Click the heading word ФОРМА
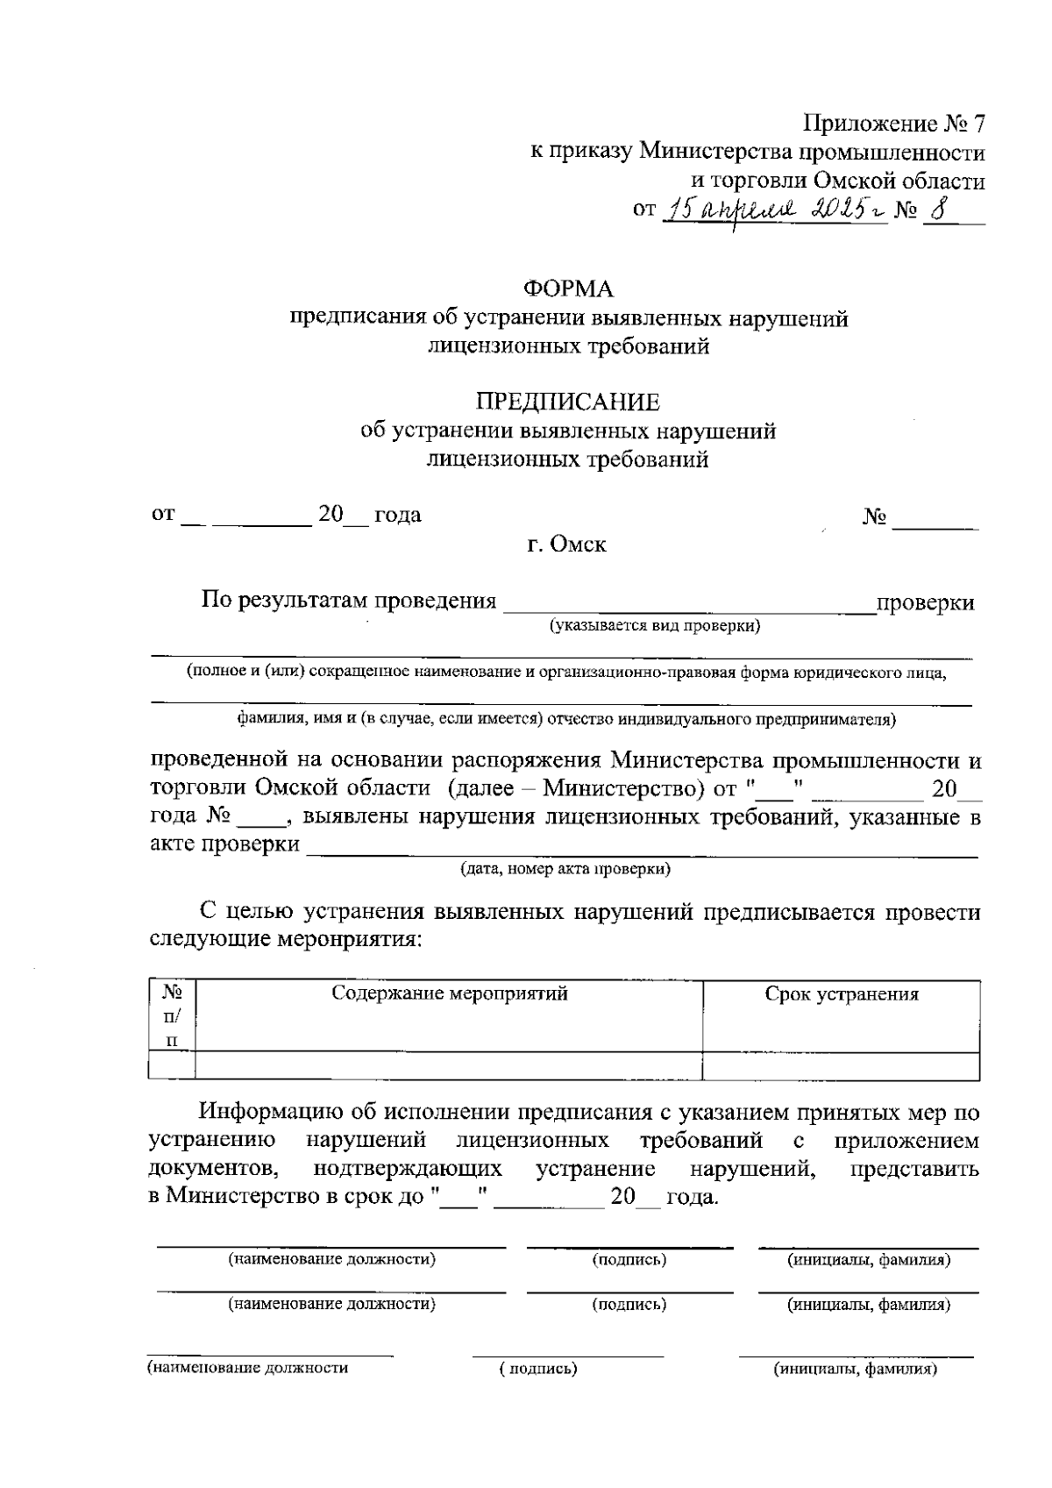[568, 288]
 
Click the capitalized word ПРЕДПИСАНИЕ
[568, 402]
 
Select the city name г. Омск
[566, 545]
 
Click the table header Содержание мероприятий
[449, 993]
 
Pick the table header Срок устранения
[842, 994]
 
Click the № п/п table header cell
[172, 1016]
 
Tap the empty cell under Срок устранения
[842, 1066]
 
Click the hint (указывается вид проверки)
[654, 626]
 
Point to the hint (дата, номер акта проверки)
[565, 870]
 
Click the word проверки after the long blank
[926, 603]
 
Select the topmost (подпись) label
[629, 1260]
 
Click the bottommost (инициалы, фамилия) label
[855, 1369]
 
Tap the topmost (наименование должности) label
[331, 1260]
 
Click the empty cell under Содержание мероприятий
[449, 1066]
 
